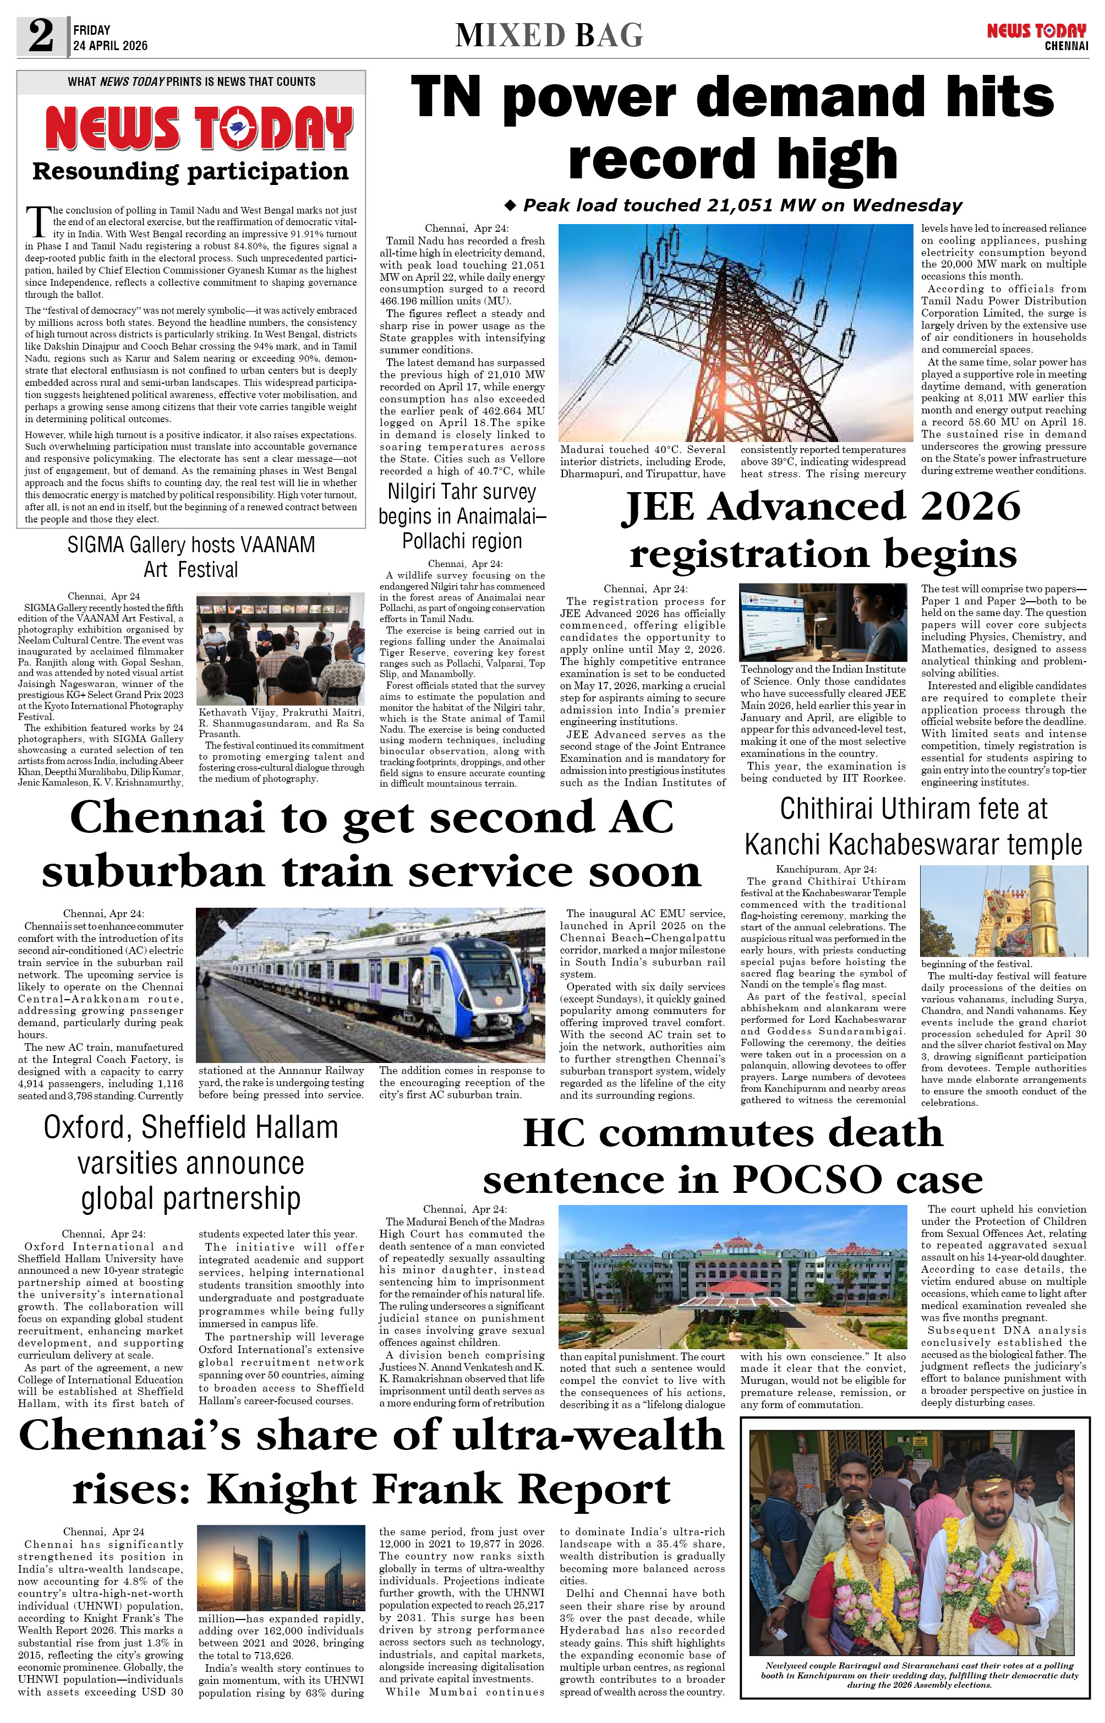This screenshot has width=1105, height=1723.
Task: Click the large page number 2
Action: pos(41,36)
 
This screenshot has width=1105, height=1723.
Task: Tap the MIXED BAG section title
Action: pos(549,35)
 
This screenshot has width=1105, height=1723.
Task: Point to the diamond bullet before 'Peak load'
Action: pos(510,206)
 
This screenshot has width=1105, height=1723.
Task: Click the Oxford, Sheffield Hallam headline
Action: pos(190,1163)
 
